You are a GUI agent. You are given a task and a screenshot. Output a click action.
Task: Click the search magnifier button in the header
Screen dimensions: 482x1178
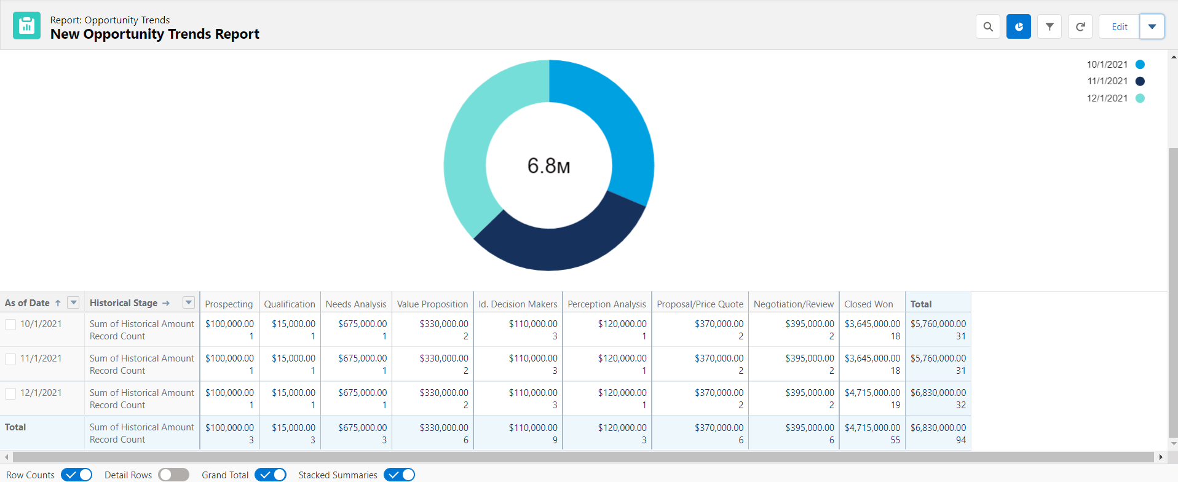click(987, 27)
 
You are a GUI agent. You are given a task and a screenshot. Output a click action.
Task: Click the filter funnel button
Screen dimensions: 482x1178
click(1050, 27)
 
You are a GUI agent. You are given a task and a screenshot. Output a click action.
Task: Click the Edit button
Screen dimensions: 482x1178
click(1119, 27)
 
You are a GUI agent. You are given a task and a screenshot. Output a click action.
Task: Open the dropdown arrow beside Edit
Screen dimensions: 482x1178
click(1152, 27)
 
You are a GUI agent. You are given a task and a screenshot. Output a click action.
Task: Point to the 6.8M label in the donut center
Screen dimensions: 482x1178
click(548, 166)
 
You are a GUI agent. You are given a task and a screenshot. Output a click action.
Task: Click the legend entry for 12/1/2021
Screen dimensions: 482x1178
click(1107, 98)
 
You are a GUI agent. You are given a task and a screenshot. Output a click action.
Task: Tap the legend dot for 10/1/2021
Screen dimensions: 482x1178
click(1140, 65)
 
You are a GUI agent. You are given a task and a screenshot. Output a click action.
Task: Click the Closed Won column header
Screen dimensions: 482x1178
click(868, 304)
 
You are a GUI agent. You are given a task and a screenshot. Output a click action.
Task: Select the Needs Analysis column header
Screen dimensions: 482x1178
click(356, 304)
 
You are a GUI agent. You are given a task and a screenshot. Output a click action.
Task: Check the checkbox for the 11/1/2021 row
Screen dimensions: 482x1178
click(10, 359)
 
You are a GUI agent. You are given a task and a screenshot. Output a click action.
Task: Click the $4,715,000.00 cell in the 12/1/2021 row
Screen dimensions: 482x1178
click(872, 392)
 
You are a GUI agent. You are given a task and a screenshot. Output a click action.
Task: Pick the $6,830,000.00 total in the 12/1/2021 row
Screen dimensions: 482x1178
click(938, 392)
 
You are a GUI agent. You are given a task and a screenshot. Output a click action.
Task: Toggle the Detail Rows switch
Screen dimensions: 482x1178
click(173, 475)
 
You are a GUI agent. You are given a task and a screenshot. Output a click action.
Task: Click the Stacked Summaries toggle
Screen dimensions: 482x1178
click(399, 475)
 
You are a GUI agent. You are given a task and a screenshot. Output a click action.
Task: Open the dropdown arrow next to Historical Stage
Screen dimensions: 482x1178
click(189, 302)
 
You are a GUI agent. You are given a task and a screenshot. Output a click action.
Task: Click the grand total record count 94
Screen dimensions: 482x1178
click(960, 440)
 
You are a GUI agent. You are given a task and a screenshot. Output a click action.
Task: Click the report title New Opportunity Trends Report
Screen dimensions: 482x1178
click(155, 34)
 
